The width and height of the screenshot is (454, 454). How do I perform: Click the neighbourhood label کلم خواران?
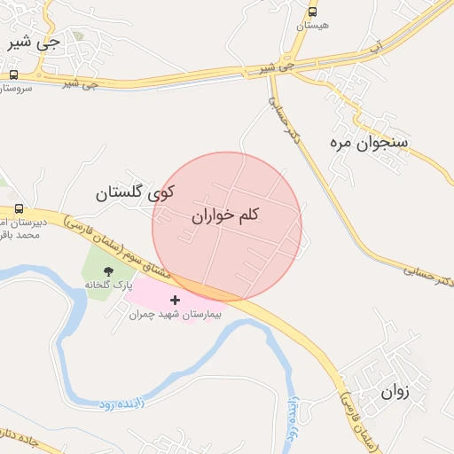pyautogui.click(x=225, y=215)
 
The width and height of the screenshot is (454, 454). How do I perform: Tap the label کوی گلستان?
pyautogui.click(x=135, y=192)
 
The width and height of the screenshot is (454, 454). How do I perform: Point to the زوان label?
pyautogui.click(x=395, y=390)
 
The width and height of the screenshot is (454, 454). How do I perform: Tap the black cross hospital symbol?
pyautogui.click(x=175, y=301)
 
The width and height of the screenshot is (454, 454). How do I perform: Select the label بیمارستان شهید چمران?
pyautogui.click(x=175, y=315)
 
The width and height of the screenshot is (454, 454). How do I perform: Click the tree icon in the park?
pyautogui.click(x=109, y=271)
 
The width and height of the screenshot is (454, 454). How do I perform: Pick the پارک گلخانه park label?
pyautogui.click(x=108, y=286)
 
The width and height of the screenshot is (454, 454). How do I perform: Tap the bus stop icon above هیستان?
pyautogui.click(x=312, y=12)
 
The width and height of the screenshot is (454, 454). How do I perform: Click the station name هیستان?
pyautogui.click(x=312, y=26)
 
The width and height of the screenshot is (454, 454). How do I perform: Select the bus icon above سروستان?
pyautogui.click(x=13, y=75)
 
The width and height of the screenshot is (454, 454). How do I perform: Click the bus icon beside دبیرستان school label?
pyautogui.click(x=19, y=208)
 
